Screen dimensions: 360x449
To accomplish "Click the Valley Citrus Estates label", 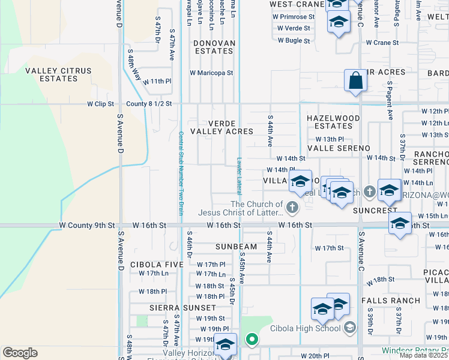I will [58, 74].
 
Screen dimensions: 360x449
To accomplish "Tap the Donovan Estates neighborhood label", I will [213, 47].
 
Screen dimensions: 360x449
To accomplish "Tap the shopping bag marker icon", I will [355, 81].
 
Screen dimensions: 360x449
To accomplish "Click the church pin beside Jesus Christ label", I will [292, 208].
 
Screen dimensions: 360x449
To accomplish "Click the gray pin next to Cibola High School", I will [350, 328].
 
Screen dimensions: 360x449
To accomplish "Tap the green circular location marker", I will [252, 340].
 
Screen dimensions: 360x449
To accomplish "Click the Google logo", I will [20, 353].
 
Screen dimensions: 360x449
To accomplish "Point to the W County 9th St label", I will [87, 225].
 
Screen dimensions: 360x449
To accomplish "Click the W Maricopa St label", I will [211, 73].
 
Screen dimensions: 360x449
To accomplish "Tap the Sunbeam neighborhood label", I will [237, 247].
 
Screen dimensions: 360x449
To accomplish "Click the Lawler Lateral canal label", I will [238, 176].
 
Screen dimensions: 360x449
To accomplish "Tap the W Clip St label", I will [100, 104].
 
